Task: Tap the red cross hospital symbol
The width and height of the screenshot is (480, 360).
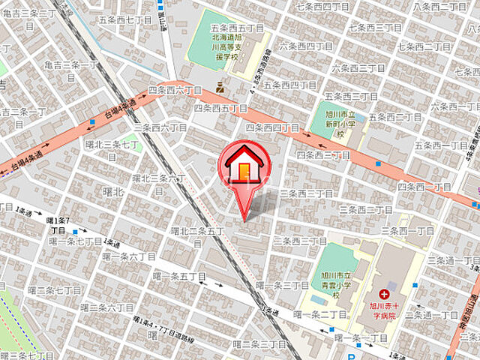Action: click(384, 293)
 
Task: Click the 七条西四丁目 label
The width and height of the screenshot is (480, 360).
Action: click(322, 7)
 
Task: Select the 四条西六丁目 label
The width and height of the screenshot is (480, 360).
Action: click(175, 90)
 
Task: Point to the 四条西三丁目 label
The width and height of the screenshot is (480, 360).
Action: click(323, 154)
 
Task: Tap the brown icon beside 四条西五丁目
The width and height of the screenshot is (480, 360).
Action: click(220, 88)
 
